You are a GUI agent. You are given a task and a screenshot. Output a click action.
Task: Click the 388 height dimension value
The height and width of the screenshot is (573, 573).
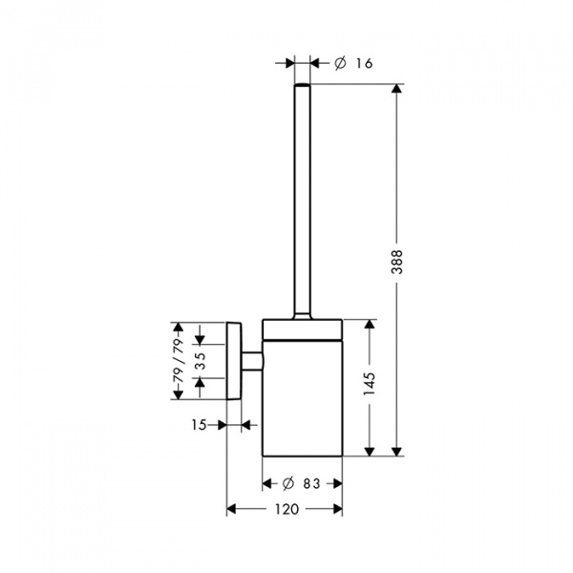click(396, 262)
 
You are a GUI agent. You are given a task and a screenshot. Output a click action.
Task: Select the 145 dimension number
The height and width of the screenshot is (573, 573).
click(370, 384)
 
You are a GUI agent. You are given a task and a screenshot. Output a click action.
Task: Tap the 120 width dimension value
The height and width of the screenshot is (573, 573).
click(286, 509)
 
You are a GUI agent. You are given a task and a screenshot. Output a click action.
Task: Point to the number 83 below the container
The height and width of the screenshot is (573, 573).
click(311, 484)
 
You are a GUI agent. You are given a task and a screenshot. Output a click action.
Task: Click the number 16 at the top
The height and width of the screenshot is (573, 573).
click(365, 63)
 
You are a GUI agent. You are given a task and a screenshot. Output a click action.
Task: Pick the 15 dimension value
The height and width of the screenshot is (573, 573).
click(200, 425)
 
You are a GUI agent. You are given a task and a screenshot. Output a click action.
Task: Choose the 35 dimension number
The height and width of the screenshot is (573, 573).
click(200, 361)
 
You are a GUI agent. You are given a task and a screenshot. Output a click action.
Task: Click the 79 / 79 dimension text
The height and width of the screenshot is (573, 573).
click(179, 361)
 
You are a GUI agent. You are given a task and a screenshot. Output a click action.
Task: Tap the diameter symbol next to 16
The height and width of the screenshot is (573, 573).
click(340, 64)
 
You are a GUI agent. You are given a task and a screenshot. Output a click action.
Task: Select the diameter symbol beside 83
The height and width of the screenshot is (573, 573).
click(288, 484)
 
